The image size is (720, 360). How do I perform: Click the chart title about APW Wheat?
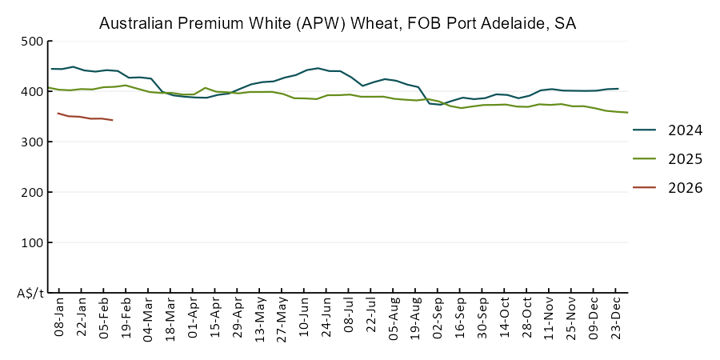click(337, 23)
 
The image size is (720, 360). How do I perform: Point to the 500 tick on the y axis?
click(32, 42)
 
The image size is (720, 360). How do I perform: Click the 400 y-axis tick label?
click(32, 92)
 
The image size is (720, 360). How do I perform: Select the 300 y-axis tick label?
click(32, 142)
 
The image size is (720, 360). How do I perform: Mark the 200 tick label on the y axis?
click(32, 193)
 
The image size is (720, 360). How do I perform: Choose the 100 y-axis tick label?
click(32, 243)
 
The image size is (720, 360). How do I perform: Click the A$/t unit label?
click(30, 294)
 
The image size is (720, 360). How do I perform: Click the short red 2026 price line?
click(85, 118)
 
